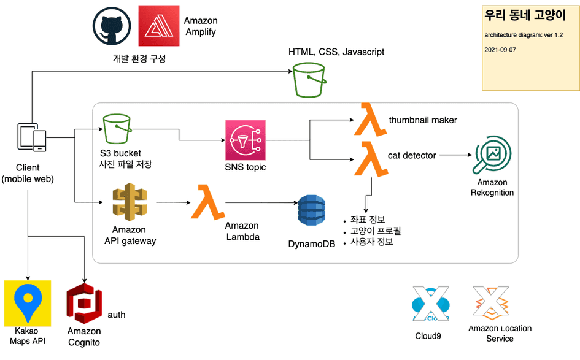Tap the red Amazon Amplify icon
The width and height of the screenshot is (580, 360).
(158, 26)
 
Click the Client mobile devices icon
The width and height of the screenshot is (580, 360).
(31, 138)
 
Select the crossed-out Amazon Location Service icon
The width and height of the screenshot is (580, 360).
(491, 304)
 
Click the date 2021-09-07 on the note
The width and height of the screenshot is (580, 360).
(500, 49)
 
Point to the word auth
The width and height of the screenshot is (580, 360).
(117, 315)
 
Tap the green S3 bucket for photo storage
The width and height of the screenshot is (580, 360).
(117, 129)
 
